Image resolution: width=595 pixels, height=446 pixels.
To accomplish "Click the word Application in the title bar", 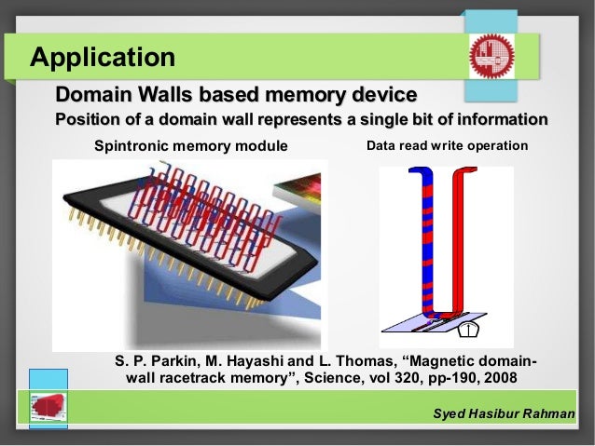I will (x=103, y=57).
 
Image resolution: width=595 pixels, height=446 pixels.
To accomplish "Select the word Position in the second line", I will (x=90, y=119).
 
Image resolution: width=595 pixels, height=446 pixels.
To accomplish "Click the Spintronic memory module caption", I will (x=192, y=146).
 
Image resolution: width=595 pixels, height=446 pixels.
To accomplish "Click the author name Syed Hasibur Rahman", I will (x=505, y=412).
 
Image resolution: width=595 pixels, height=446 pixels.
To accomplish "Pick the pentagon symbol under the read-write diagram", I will (x=469, y=330).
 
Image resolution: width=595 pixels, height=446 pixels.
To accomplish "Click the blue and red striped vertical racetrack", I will (x=424, y=242).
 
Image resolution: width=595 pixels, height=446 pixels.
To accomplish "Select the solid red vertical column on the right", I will (x=460, y=242).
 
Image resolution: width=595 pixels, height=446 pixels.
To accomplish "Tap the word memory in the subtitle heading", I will (x=305, y=95).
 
